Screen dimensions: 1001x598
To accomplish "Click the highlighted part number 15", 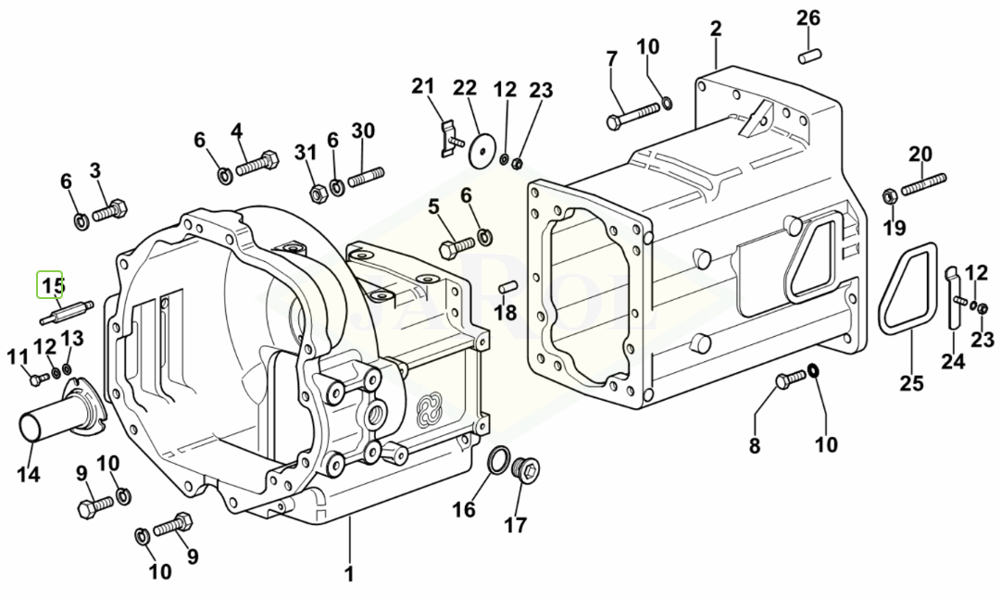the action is (50, 284).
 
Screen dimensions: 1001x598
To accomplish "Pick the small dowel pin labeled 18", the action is (508, 287).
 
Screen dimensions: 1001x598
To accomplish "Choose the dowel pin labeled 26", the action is (809, 56).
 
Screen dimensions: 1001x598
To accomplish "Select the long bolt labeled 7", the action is (632, 116).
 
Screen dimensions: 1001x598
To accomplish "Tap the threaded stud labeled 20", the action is (924, 184).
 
